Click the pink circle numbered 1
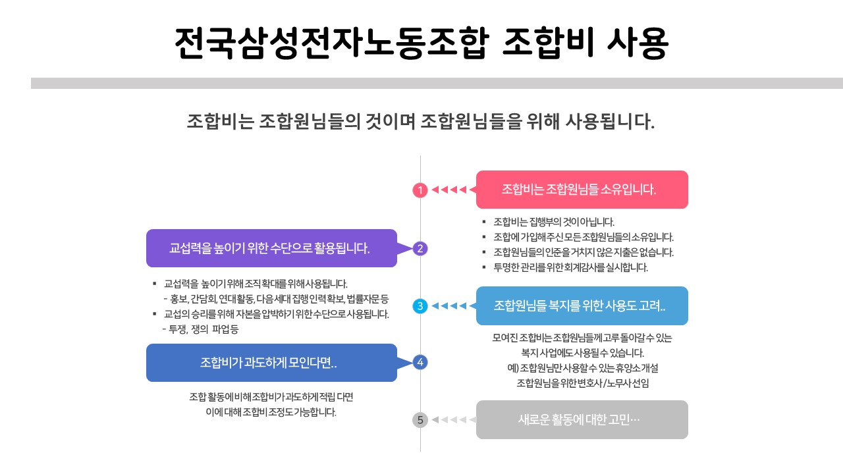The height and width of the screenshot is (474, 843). (420, 190)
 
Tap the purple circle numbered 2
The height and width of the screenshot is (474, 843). (420, 248)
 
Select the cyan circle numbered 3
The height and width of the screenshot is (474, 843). (420, 306)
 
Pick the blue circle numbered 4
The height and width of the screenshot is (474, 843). (420, 362)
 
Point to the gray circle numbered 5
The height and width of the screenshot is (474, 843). (420, 419)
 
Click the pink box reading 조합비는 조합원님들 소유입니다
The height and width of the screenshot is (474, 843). (582, 190)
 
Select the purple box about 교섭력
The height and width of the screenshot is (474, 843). (271, 248)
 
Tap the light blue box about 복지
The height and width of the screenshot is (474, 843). (582, 306)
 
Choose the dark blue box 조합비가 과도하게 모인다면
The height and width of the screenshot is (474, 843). (271, 363)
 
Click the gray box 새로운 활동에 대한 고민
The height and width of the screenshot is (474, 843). (582, 419)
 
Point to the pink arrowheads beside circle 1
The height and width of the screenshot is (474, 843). (449, 190)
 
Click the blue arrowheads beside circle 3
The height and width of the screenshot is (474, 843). (449, 306)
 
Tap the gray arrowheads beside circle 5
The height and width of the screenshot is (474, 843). (449, 419)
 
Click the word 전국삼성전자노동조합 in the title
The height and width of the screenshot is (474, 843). (332, 44)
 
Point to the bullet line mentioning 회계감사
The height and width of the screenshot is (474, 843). (570, 268)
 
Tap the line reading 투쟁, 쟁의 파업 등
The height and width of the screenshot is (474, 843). (200, 329)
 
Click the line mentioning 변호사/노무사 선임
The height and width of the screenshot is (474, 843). (582, 382)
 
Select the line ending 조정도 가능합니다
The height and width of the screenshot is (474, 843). (271, 413)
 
